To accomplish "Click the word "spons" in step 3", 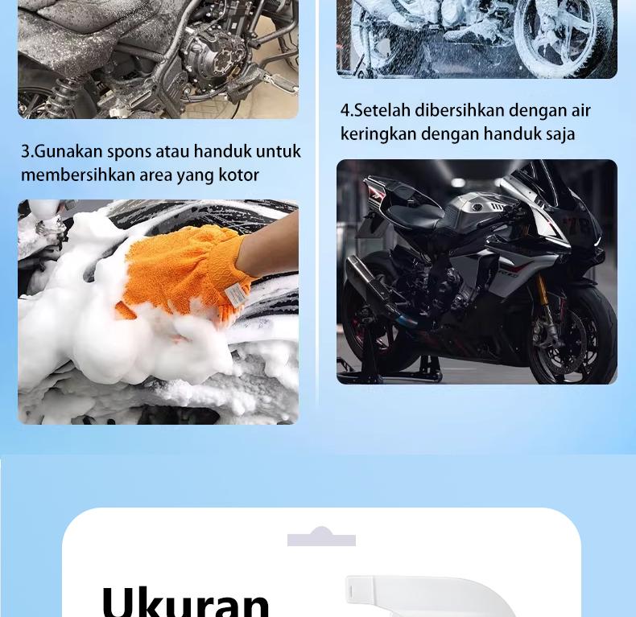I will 128,151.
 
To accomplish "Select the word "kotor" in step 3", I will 238,175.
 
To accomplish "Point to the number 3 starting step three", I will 25,151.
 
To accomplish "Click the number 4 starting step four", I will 345,110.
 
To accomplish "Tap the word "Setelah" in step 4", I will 382,110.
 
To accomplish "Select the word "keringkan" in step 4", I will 378,134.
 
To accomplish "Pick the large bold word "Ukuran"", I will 185,601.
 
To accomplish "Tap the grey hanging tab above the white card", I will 321,537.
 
